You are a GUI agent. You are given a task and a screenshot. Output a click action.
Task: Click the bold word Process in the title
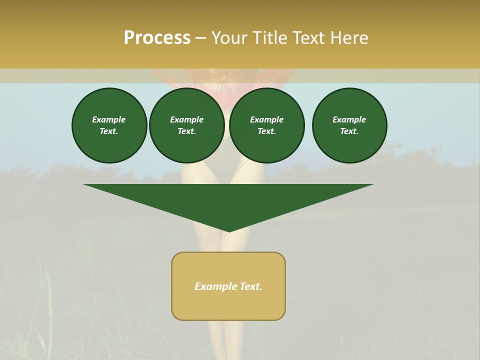(x=157, y=38)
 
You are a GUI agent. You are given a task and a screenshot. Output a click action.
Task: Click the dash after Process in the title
(x=200, y=38)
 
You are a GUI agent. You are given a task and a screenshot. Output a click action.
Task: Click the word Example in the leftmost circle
(x=109, y=119)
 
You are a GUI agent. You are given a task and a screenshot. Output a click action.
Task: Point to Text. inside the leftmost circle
(x=109, y=131)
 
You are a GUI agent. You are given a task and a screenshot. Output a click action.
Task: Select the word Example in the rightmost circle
(x=349, y=119)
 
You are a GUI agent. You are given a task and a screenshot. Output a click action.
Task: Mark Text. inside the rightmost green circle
(x=349, y=131)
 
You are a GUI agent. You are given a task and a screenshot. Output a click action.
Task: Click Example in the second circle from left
(x=186, y=119)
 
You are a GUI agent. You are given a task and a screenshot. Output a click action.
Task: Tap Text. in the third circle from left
(x=266, y=131)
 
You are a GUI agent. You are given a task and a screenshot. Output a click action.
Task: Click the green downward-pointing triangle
(x=228, y=200)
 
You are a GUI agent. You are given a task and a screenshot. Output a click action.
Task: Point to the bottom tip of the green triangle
(x=229, y=230)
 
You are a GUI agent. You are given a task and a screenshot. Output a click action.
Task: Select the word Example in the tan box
(x=215, y=286)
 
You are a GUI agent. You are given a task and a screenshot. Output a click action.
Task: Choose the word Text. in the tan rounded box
(x=250, y=286)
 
